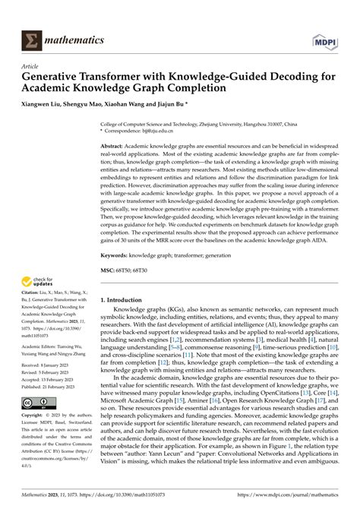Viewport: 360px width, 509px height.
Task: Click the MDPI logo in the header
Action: [x=324, y=39]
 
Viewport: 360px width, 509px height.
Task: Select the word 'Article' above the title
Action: [x=33, y=66]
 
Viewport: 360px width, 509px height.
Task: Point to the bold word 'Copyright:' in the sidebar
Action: [x=34, y=416]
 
